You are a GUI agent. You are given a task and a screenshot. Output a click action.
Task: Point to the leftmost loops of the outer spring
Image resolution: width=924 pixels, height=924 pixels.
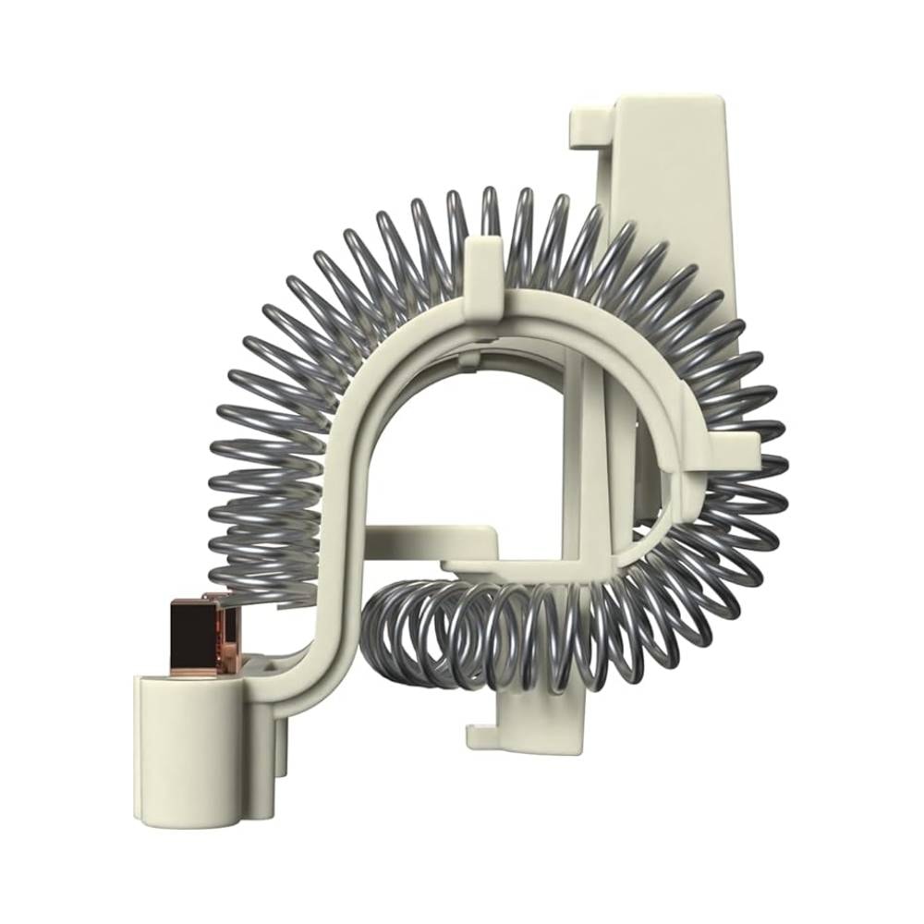[231, 462]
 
